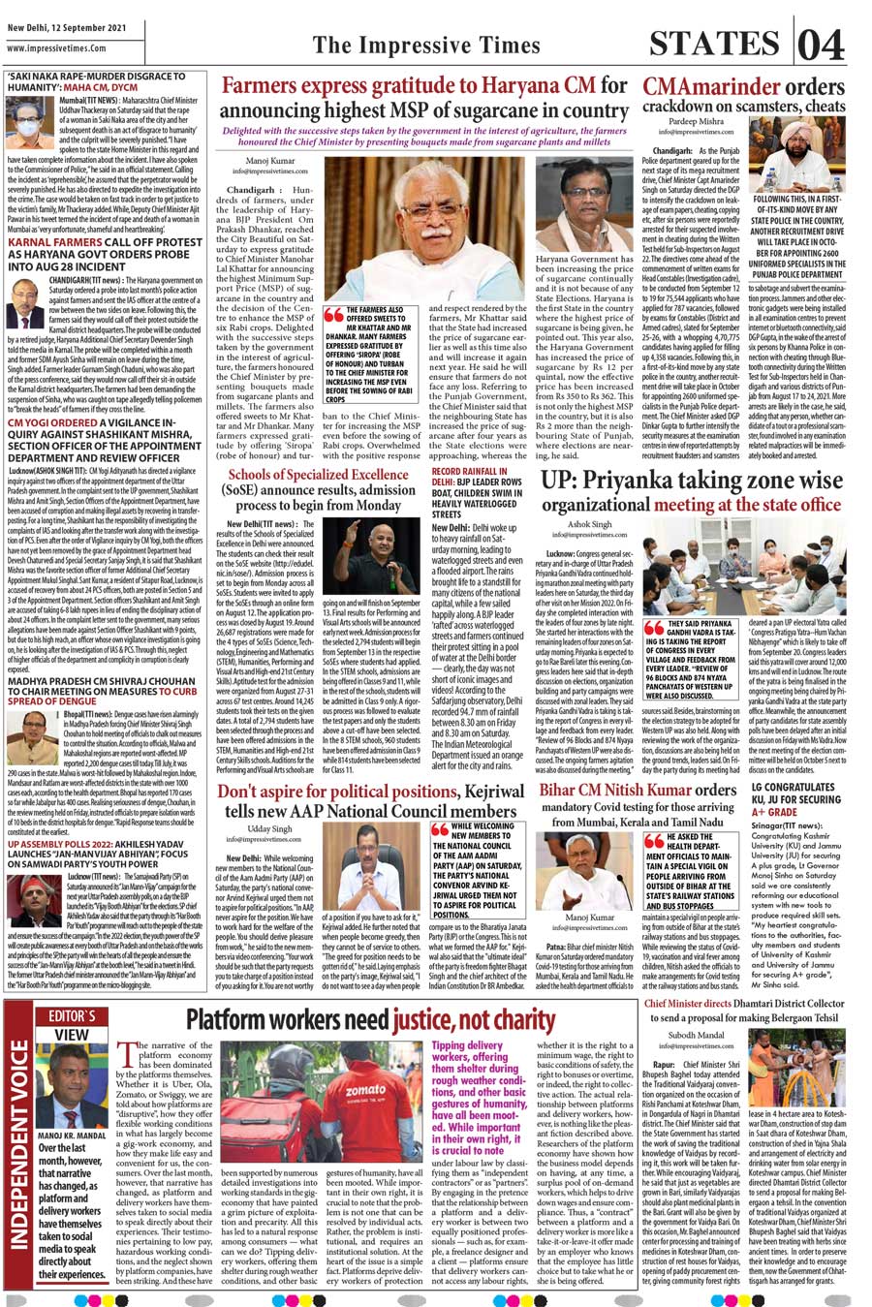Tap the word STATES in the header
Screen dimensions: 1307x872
pos(718,44)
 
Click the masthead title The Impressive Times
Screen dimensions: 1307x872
pos(426,46)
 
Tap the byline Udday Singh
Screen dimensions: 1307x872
pos(268,829)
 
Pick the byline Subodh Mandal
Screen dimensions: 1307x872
pos(696,1036)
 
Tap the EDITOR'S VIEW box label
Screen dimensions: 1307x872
pos(72,1025)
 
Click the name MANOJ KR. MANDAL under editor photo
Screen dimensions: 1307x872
pos(72,1136)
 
